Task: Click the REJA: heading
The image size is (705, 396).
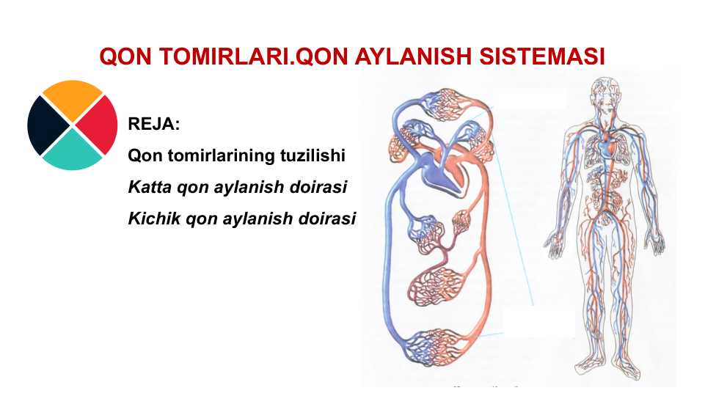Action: pos(154,125)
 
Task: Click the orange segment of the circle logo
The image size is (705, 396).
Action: pos(72,98)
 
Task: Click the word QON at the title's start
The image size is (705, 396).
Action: pos(119,57)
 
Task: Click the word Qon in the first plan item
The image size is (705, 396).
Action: pos(143,156)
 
